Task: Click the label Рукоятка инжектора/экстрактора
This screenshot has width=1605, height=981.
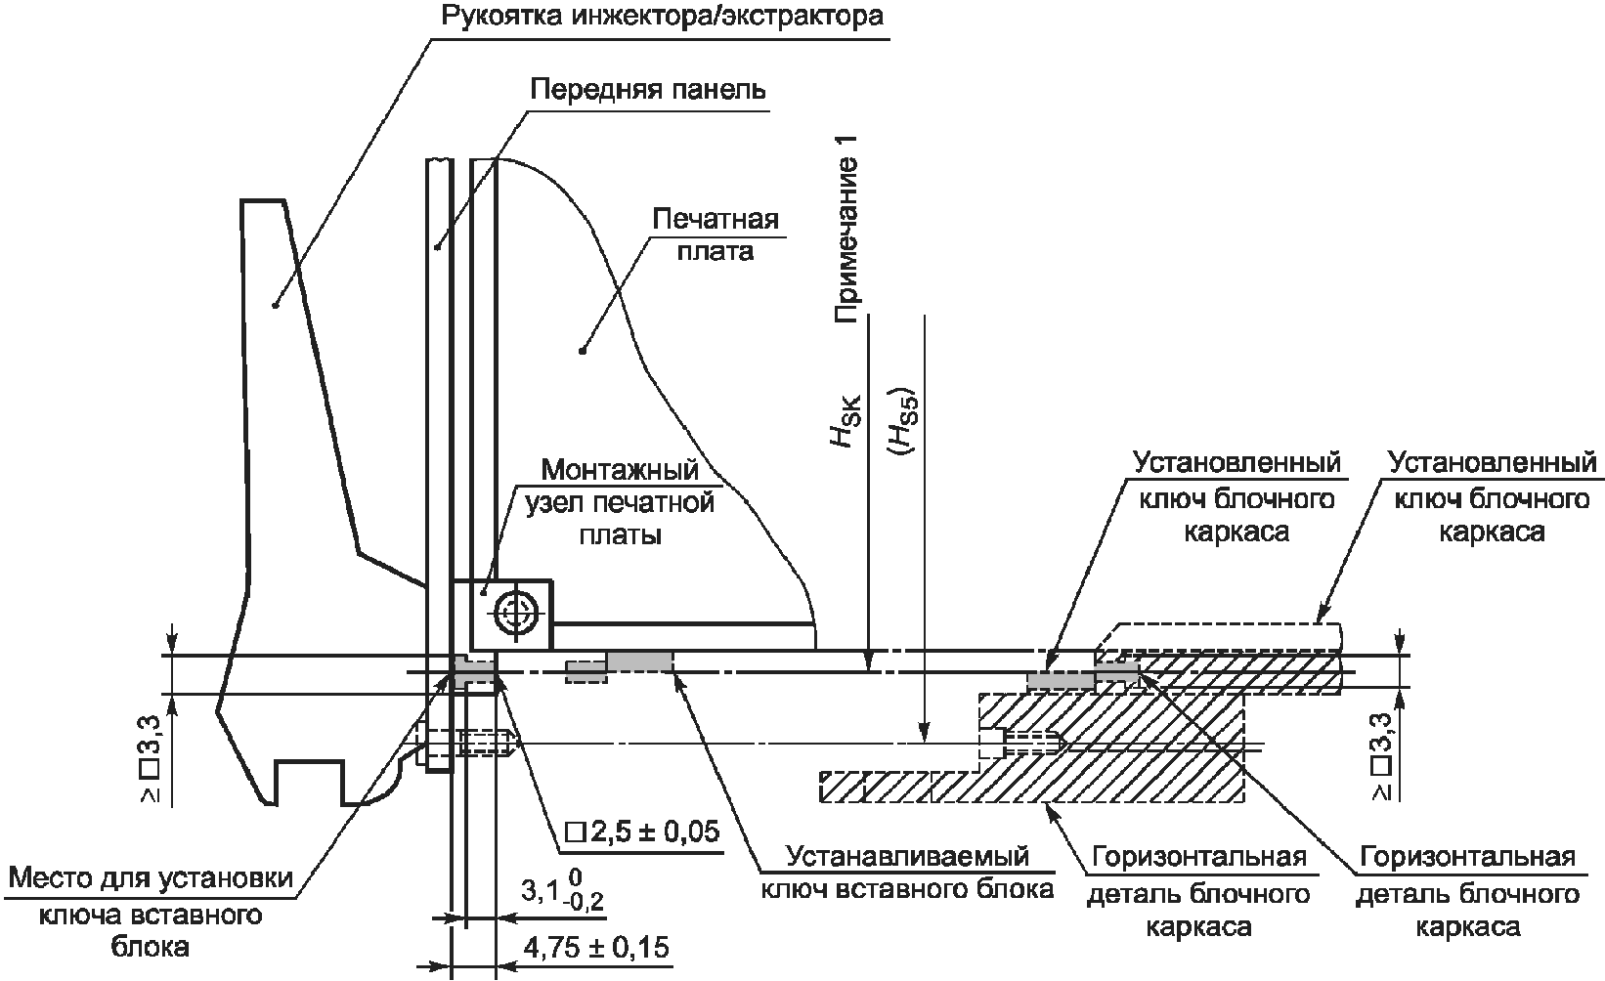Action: pyautogui.click(x=662, y=17)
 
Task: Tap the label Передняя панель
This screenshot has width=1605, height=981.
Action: pyautogui.click(x=648, y=90)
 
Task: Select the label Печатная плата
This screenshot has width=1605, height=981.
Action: pyautogui.click(x=716, y=235)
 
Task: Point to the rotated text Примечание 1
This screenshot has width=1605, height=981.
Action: pyautogui.click(x=846, y=230)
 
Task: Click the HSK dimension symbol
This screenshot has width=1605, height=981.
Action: pyautogui.click(x=846, y=422)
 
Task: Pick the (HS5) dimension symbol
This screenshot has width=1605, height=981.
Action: pyautogui.click(x=903, y=422)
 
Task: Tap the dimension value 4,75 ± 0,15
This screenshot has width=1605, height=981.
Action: pyautogui.click(x=596, y=948)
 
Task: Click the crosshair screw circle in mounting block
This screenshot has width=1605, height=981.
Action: pyautogui.click(x=515, y=613)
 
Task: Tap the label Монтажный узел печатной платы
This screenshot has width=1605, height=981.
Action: pyautogui.click(x=620, y=502)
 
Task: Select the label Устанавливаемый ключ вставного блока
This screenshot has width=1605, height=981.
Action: pyautogui.click(x=907, y=873)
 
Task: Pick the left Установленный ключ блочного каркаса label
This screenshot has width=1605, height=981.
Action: pyautogui.click(x=1236, y=496)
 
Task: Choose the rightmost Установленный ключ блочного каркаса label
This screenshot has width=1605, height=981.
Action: pyautogui.click(x=1493, y=496)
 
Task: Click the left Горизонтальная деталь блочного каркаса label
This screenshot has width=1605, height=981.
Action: pyautogui.click(x=1198, y=891)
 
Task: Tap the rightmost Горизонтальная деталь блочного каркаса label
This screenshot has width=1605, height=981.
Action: pyautogui.click(x=1467, y=891)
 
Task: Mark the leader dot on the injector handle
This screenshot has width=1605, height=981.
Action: pyautogui.click(x=275, y=305)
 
